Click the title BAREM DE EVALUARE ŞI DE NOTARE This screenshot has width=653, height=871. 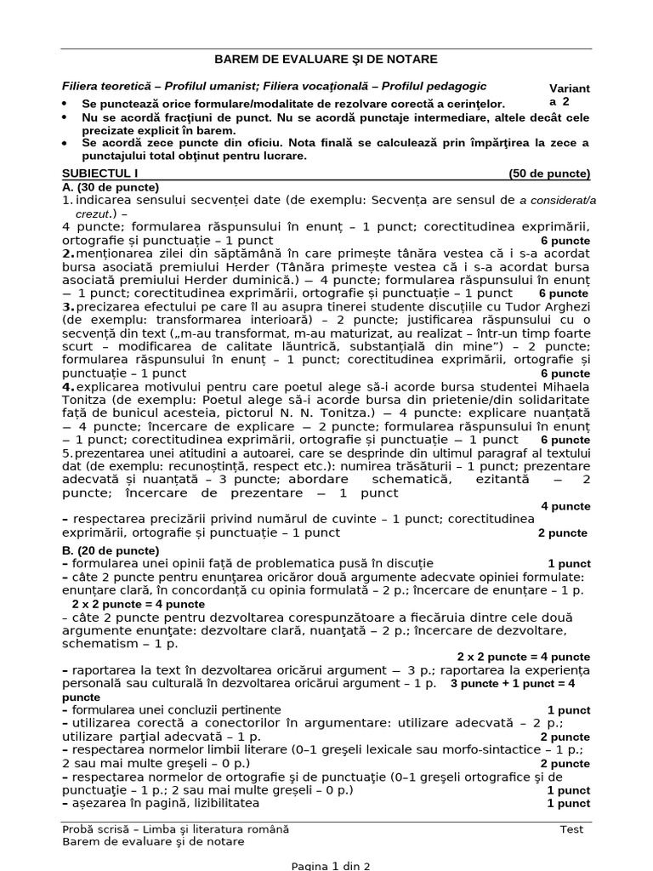pyautogui.click(x=326, y=60)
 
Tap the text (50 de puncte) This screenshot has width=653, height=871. pyautogui.click(x=549, y=174)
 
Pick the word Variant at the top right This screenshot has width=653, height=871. pyautogui.click(x=571, y=88)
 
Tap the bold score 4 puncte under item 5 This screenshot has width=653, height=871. pyautogui.click(x=565, y=506)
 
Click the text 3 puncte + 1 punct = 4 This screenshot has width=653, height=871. pyautogui.click(x=513, y=683)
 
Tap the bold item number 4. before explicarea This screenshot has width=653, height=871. pyautogui.click(x=67, y=386)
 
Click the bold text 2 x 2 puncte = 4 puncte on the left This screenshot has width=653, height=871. pyautogui.click(x=138, y=604)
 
